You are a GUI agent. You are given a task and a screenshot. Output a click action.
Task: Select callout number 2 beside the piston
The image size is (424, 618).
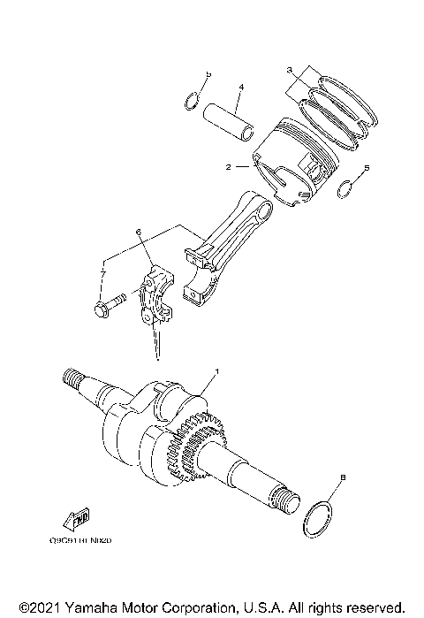click(x=228, y=166)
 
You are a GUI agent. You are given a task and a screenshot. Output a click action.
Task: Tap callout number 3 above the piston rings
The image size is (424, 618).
click(x=289, y=70)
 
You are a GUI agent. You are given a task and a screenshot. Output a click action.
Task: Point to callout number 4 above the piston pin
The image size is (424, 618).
click(x=239, y=87)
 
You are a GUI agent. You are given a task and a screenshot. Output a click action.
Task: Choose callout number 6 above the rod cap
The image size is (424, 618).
click(x=139, y=232)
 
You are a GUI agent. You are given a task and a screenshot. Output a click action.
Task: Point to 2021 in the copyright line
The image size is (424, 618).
click(x=38, y=608)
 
